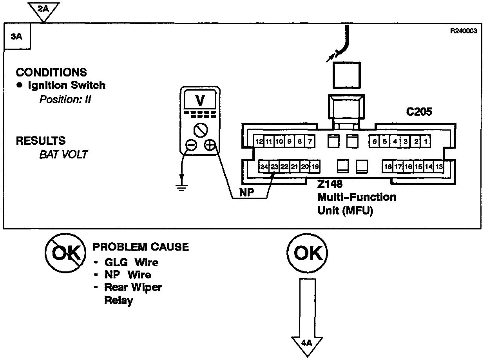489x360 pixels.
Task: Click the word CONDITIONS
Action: point(51,73)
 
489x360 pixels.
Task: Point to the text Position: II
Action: point(65,99)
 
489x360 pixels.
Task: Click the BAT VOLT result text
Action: point(63,154)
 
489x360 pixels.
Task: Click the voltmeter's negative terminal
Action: point(191,145)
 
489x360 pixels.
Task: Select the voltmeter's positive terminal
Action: point(210,145)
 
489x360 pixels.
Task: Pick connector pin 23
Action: point(274,167)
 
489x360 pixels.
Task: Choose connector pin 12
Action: point(259,142)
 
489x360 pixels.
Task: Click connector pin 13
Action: point(439,167)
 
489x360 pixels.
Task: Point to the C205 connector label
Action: point(419,112)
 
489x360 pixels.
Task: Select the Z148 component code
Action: point(330,184)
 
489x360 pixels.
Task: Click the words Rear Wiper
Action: point(133,287)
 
